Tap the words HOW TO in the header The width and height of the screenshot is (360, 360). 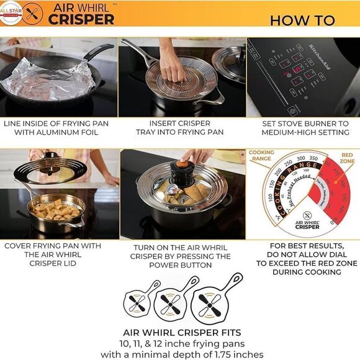coord(302,19)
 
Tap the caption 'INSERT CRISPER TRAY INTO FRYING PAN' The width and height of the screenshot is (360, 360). coord(180,127)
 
